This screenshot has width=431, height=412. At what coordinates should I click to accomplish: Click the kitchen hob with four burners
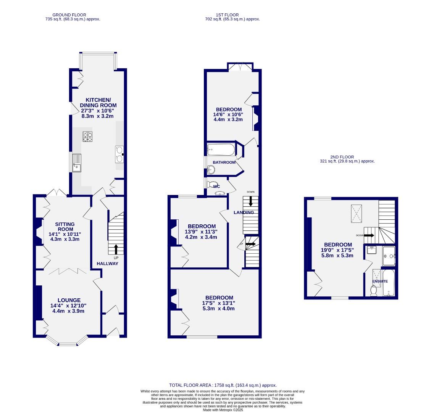[x=87, y=137]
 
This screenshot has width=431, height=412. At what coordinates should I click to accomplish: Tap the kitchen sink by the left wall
[x=76, y=162]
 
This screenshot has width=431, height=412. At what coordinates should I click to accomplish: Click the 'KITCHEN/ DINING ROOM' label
[x=98, y=102]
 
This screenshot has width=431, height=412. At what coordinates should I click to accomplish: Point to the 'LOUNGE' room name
[x=69, y=300]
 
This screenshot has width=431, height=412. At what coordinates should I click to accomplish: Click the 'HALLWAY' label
[x=107, y=264]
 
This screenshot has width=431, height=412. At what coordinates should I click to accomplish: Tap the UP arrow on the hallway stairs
[x=116, y=249]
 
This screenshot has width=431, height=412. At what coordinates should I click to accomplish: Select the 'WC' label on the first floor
[x=216, y=187]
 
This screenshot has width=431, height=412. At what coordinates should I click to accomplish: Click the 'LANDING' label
[x=244, y=212]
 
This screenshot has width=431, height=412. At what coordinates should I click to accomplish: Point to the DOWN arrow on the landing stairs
[x=250, y=201]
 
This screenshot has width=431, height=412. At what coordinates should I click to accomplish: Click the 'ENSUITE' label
[x=380, y=282]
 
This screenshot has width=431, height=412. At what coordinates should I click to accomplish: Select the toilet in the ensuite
[x=374, y=290]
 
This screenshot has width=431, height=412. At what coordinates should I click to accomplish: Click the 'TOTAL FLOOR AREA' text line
[x=223, y=385]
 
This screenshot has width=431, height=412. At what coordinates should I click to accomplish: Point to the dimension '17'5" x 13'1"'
[x=219, y=303]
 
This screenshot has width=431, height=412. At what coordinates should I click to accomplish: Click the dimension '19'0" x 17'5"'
[x=338, y=250]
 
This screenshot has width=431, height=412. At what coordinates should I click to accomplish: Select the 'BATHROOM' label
[x=224, y=163]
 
